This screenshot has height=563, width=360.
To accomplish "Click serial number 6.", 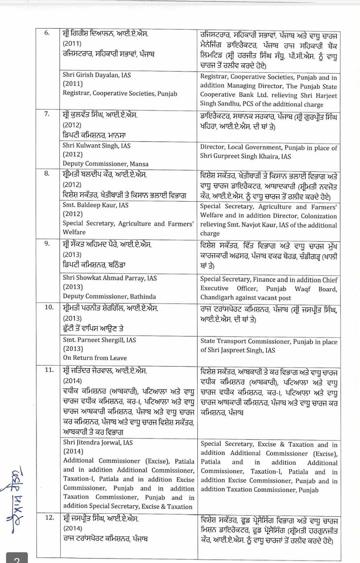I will (47, 33).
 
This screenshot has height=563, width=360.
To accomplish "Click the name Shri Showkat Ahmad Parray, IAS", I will (109, 278).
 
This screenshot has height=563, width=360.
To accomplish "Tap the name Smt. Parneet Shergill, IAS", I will (99, 340).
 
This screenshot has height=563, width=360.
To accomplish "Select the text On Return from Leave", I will (95, 358).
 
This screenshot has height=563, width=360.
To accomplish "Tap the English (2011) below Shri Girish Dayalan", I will (72, 84).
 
